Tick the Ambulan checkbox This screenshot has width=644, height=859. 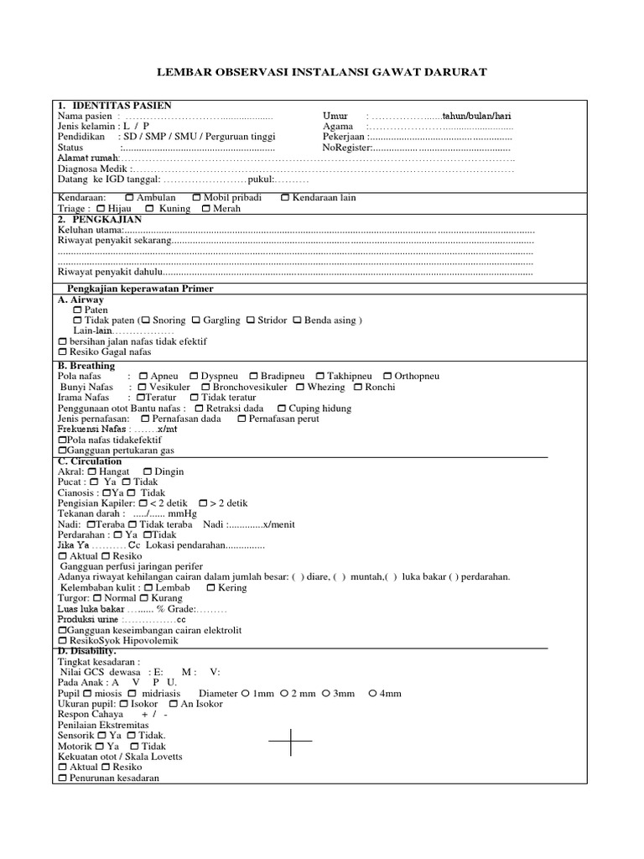pos(129,197)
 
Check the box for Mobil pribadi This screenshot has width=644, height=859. pos(196,197)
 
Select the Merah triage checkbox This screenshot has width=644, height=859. pos(206,208)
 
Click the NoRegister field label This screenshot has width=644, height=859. pos(347,148)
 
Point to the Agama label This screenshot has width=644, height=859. pos(337,126)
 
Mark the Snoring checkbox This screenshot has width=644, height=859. pos(146,320)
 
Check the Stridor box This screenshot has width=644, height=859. pos(248,320)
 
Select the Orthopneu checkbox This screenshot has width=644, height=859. pos(387,376)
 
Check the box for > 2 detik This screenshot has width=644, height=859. pos(213,502)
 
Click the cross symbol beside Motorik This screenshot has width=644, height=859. pos(290,742)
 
